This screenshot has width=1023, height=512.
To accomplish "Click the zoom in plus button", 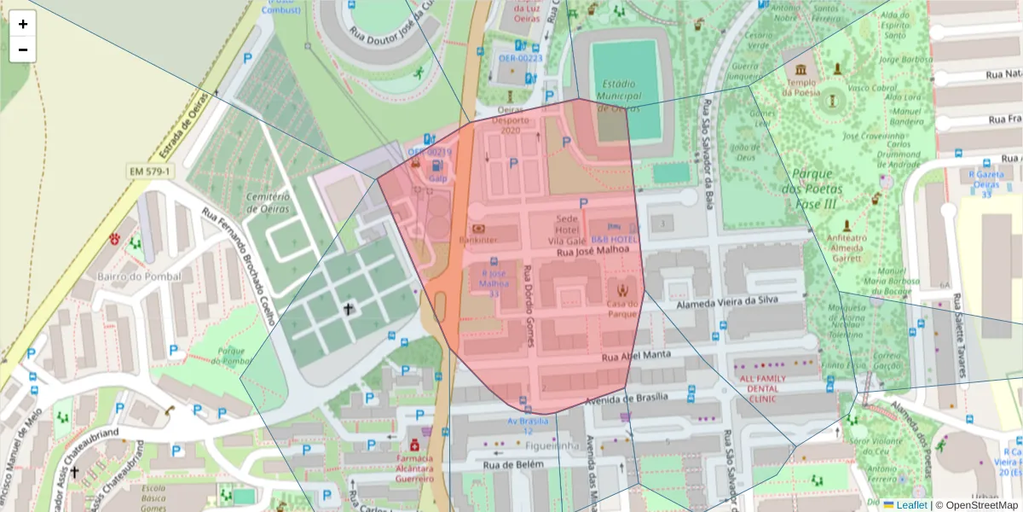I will [22, 24].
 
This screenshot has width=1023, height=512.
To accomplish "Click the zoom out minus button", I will [22, 49].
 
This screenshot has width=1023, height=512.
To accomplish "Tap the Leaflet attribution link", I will [911, 505].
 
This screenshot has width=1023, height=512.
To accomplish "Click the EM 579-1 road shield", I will [150, 172].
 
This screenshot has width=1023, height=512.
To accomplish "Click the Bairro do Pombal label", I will [139, 276].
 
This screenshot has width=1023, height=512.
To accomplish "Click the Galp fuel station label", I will [437, 178].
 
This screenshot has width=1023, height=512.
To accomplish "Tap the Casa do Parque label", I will [621, 308].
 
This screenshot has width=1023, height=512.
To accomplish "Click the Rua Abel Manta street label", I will [635, 356].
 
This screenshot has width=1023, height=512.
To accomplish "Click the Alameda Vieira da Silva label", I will [726, 301].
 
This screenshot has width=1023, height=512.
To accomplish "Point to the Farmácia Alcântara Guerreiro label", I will [414, 468].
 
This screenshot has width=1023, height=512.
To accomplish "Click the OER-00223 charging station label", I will [520, 58].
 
